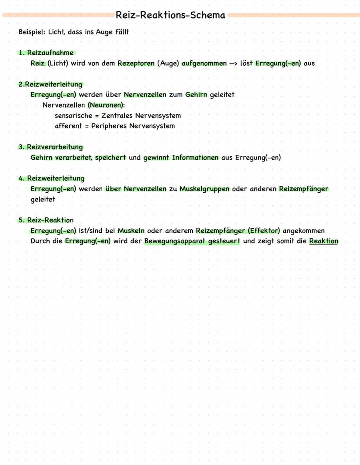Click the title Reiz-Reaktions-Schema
tap(170, 15)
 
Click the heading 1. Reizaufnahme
tap(46, 53)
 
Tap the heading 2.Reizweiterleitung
tap(50, 84)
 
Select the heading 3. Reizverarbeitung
tap(50, 147)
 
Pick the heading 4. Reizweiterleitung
tap(51, 178)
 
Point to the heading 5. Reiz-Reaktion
tap(46, 220)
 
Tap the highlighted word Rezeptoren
tap(136, 63)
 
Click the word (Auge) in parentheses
tap(168, 63)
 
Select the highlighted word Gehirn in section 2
tap(197, 94)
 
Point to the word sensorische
tap(73, 116)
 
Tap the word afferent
tap(68, 126)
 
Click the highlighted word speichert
tap(110, 157)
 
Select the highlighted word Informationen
tap(195, 157)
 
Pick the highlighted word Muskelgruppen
tap(204, 189)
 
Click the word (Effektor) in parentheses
tap(264, 231)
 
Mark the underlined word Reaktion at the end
tap(323, 241)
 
